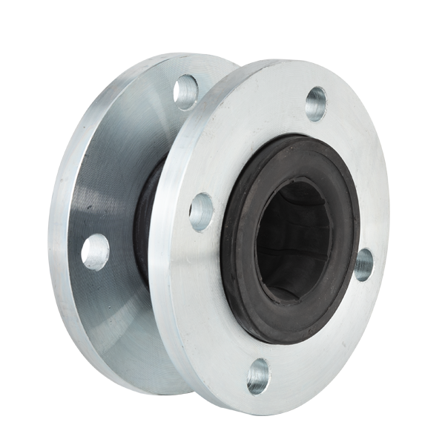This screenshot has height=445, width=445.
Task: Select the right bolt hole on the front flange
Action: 363,264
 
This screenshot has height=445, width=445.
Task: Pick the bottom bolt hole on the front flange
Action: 257,375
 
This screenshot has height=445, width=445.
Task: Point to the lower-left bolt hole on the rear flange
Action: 95,251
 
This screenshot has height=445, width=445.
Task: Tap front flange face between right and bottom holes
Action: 326,334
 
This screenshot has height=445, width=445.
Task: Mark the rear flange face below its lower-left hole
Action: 111,311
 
